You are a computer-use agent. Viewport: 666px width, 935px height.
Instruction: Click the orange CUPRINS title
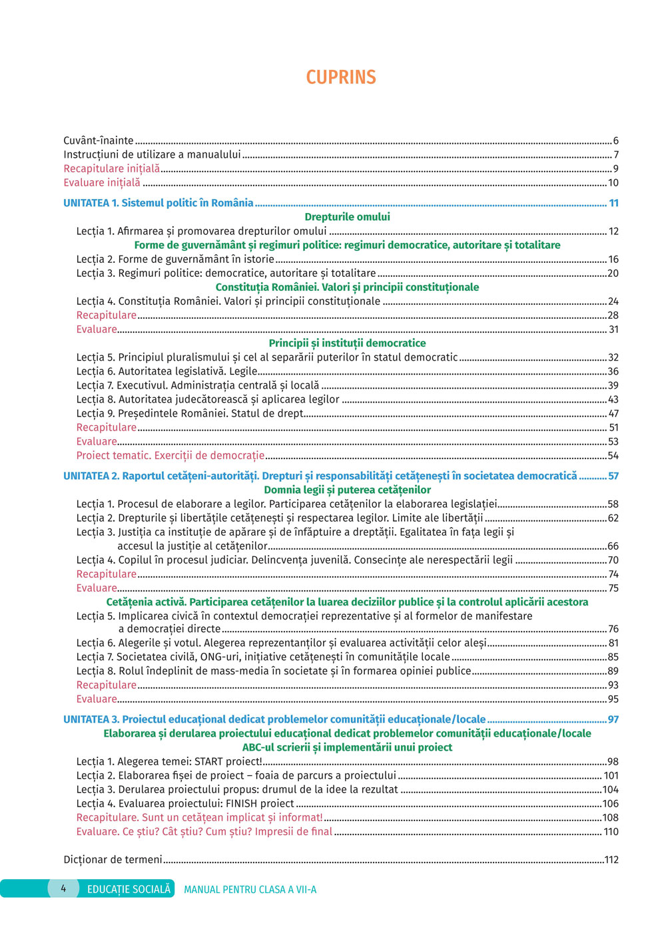click(341, 77)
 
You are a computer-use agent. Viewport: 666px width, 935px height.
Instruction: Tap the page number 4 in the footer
click(63, 888)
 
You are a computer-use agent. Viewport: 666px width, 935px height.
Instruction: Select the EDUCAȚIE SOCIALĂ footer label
click(129, 889)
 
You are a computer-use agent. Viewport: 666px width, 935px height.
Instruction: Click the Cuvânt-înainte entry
click(99, 140)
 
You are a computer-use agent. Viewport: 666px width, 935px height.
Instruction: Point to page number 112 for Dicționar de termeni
click(611, 860)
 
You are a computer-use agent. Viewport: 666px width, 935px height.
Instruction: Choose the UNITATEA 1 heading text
click(158, 203)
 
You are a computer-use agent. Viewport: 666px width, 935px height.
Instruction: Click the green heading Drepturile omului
click(347, 217)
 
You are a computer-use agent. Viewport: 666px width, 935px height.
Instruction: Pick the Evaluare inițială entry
click(102, 182)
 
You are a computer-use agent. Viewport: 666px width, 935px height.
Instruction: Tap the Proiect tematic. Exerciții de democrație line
click(170, 456)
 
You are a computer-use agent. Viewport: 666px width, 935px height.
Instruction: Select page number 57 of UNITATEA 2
click(613, 476)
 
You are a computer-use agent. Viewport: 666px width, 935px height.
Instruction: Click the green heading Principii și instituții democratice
click(347, 343)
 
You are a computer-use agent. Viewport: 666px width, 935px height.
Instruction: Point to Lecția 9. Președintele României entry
click(190, 413)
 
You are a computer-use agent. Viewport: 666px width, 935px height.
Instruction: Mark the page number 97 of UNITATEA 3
click(613, 719)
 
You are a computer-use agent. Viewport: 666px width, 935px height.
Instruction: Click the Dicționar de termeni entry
click(113, 860)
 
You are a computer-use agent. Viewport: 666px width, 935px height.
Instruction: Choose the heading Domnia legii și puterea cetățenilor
click(347, 490)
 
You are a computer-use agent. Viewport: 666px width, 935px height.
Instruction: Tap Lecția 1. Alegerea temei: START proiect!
click(169, 761)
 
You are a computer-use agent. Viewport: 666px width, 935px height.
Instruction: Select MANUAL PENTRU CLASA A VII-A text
click(250, 890)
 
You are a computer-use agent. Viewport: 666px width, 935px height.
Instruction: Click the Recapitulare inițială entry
click(111, 168)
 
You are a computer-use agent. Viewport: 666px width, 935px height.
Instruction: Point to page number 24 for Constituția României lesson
click(613, 301)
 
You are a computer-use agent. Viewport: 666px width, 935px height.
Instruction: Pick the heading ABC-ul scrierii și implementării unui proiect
click(347, 747)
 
